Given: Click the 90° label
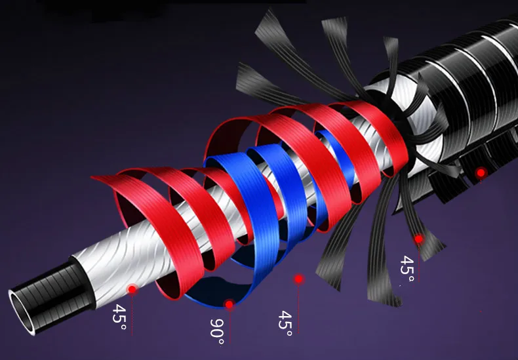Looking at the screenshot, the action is point(218,332).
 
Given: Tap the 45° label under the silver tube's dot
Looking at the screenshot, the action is point(119,317).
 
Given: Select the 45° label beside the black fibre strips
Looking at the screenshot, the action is point(407,269).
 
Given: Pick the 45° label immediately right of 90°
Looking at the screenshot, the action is point(285,323).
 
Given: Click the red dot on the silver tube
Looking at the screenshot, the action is point(132,289).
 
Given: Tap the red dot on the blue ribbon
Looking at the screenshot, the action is point(229,304).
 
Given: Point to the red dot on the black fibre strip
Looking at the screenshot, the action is point(418,239).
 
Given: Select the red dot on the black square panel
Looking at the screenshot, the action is point(481,172).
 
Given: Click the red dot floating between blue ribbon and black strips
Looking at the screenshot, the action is point(298,279).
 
